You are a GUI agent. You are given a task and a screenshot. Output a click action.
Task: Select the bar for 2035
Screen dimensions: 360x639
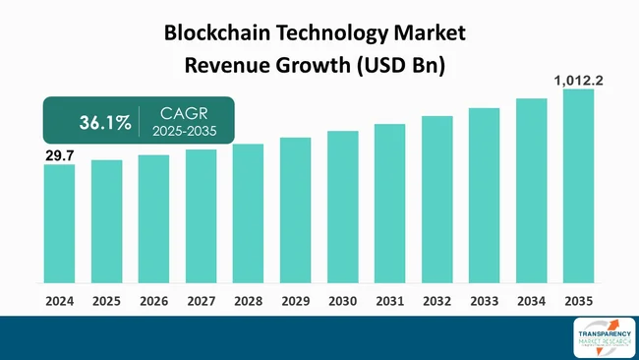(x=578, y=186)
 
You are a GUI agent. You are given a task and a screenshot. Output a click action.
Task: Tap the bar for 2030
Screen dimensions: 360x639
(x=342, y=207)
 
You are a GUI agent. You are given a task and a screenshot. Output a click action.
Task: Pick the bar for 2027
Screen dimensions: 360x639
(x=201, y=215)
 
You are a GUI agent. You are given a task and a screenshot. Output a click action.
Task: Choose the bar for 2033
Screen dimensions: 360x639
(x=484, y=196)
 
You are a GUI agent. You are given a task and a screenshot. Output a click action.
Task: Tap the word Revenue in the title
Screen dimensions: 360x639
(x=228, y=66)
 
